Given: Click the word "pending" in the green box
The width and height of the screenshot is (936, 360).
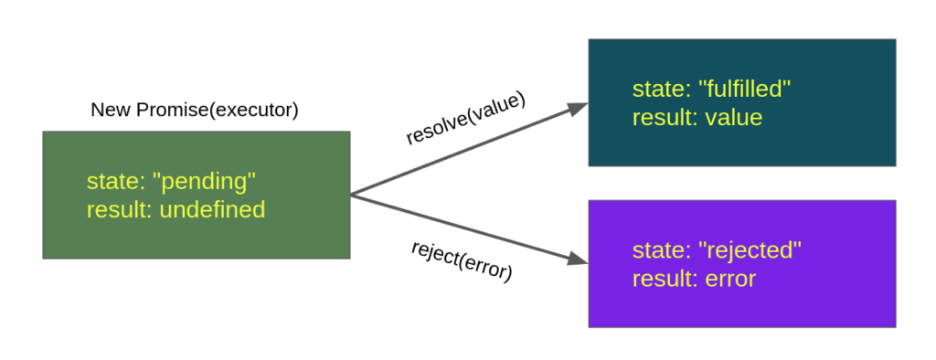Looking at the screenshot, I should pos(207,182).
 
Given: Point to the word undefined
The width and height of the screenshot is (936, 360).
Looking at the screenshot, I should pos(212,210).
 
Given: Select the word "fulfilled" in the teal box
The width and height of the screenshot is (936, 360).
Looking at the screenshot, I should pos(743,90).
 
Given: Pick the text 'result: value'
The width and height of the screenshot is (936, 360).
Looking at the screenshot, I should pos(697,118).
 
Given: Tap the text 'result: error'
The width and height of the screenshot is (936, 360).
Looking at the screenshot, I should pos(694,279).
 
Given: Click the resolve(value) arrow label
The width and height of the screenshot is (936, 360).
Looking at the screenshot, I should pos(466,119).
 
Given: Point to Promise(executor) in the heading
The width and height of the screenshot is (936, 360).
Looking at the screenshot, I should pos(218,111).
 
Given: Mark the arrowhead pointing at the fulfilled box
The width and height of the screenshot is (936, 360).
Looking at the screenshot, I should pos(578,108).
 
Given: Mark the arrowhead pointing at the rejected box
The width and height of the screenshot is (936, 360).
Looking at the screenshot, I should pos(578,259).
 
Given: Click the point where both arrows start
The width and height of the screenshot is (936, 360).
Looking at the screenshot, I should pos(352,195).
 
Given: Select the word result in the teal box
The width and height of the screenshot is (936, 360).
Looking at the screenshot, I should pos(661,118).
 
